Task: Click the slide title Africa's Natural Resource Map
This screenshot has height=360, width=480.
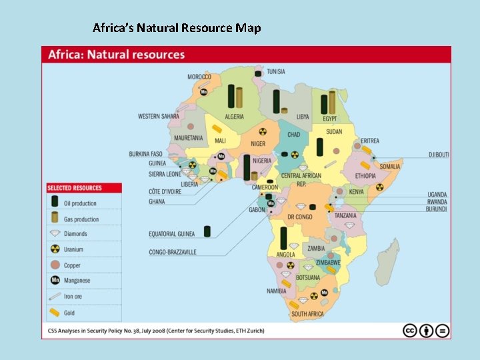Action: click(177, 28)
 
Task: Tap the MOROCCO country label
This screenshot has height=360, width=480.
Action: click(199, 77)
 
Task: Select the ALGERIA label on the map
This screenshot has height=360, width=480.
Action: click(234, 117)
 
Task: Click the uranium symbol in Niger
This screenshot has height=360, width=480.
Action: click(262, 132)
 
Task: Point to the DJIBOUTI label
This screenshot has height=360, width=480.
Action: click(438, 155)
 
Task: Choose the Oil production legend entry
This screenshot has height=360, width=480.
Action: click(79, 203)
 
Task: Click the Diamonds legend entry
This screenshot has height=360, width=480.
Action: click(75, 234)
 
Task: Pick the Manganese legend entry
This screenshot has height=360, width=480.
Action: click(79, 281)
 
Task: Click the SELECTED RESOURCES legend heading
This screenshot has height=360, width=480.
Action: click(75, 188)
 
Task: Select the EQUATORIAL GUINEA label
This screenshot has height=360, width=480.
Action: click(172, 234)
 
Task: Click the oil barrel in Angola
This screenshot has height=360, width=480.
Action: click(284, 237)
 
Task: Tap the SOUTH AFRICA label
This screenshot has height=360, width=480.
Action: click(307, 314)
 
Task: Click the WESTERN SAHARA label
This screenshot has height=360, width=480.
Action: click(158, 117)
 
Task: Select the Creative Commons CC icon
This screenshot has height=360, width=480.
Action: click(410, 331)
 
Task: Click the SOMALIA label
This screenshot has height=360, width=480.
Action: click(390, 167)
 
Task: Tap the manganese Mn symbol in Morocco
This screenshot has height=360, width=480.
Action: click(205, 91)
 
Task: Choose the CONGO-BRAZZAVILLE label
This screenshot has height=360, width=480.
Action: click(172, 253)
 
